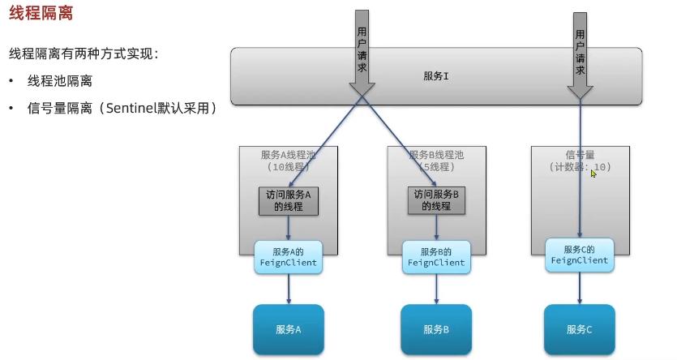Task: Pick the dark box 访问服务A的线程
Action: (289, 200)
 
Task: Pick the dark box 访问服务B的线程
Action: (436, 200)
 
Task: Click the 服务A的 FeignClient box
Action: (289, 257)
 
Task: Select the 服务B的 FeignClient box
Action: (436, 257)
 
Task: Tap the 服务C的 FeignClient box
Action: (579, 255)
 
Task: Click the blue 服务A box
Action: (289, 329)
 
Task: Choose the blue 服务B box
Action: (436, 329)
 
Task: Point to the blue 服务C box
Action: (579, 329)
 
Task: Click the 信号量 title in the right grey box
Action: (579, 154)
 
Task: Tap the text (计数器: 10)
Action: (579, 167)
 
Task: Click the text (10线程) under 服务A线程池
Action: (289, 167)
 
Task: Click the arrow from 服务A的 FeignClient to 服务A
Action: (289, 289)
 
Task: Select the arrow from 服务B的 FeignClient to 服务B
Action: (436, 289)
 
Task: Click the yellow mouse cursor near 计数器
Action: (593, 173)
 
